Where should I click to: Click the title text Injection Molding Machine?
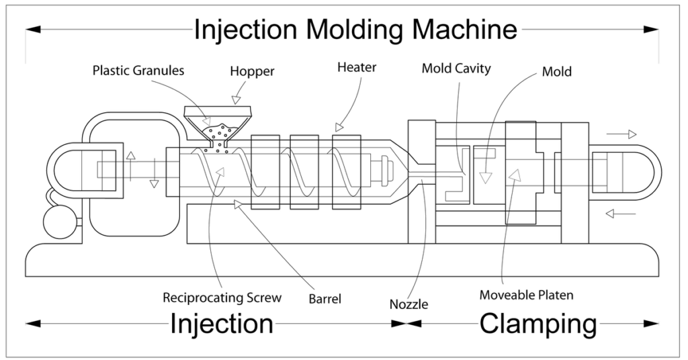pyautogui.click(x=356, y=30)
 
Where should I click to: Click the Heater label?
pyautogui.click(x=357, y=67)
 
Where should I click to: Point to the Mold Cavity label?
pyautogui.click(x=456, y=68)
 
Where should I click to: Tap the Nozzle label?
pyautogui.click(x=408, y=304)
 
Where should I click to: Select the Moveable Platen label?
pyautogui.click(x=527, y=295)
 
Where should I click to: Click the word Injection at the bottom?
pyautogui.click(x=222, y=324)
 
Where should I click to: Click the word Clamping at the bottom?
pyautogui.click(x=537, y=324)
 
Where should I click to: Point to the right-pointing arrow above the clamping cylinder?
pyautogui.click(x=621, y=134)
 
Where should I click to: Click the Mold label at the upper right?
pyautogui.click(x=556, y=71)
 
